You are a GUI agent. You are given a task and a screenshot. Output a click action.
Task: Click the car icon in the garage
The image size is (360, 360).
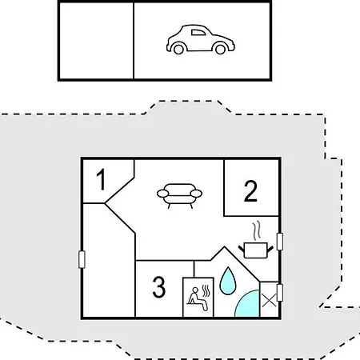click(201, 40)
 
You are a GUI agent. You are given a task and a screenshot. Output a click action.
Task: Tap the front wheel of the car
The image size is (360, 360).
click(221, 49)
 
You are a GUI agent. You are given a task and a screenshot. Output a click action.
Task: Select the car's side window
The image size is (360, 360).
click(198, 33)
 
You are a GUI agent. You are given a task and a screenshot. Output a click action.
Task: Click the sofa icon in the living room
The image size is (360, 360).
click(179, 196)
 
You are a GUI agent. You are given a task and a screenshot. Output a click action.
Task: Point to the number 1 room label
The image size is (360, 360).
click(101, 179)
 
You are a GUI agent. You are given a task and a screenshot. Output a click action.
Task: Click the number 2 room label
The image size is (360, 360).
click(250, 190)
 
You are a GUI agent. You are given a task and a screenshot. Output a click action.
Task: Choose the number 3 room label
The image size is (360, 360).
click(159, 286)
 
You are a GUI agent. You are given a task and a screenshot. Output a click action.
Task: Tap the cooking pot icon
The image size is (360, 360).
click(256, 250)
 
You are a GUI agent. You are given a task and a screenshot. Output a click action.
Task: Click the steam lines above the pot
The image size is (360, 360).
click(256, 230)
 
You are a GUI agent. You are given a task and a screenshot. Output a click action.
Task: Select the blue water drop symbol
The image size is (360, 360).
click(228, 282)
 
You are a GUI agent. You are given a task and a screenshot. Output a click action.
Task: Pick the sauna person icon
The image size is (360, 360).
click(198, 298)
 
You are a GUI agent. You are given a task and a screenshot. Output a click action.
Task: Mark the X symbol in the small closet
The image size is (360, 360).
click(269, 301)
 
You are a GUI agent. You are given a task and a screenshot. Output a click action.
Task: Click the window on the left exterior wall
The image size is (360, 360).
click(82, 259)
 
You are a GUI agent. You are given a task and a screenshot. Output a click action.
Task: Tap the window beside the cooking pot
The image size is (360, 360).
click(280, 242)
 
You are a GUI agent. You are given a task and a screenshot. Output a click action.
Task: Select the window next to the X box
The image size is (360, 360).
click(280, 293)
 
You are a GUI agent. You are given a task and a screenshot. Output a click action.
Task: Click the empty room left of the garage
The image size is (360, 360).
click(96, 41)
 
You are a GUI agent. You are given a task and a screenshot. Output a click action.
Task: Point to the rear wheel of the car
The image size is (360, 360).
click(178, 49)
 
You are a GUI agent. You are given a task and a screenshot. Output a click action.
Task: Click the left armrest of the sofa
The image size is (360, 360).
click(162, 194)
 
